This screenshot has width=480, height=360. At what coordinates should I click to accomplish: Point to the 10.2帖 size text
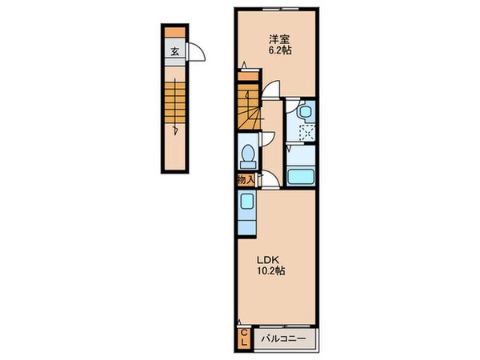pos(271,270)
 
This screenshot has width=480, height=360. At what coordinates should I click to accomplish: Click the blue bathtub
pos(301,177)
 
